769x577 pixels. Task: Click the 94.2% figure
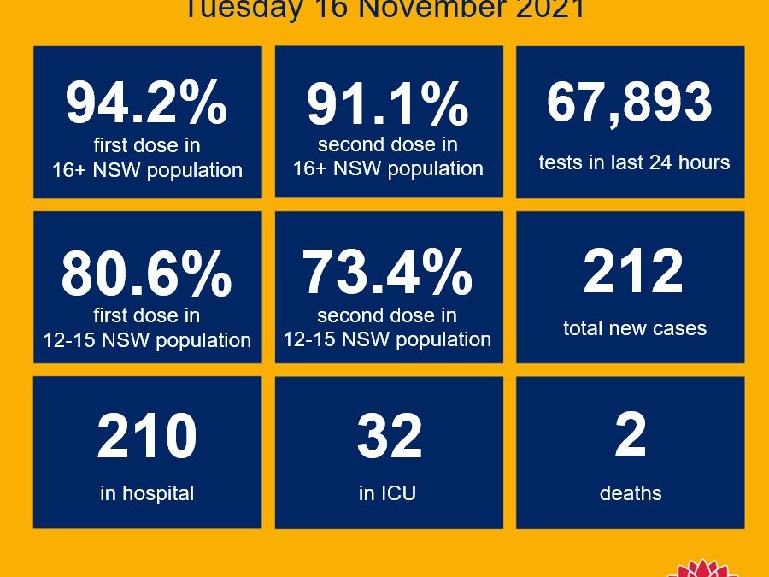click(x=147, y=103)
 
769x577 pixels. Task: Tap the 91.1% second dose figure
click(x=388, y=103)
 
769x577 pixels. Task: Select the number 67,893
click(x=629, y=103)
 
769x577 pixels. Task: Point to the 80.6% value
click(x=147, y=272)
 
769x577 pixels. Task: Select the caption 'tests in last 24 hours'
click(x=634, y=162)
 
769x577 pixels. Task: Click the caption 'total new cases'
click(x=635, y=327)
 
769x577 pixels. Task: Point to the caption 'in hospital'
click(x=147, y=493)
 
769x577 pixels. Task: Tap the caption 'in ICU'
click(x=388, y=493)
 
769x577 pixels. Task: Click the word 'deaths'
click(x=631, y=493)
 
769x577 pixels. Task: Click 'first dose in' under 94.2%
click(x=147, y=145)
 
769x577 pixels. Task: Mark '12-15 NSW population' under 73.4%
click(x=388, y=339)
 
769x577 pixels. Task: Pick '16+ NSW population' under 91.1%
click(x=388, y=168)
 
